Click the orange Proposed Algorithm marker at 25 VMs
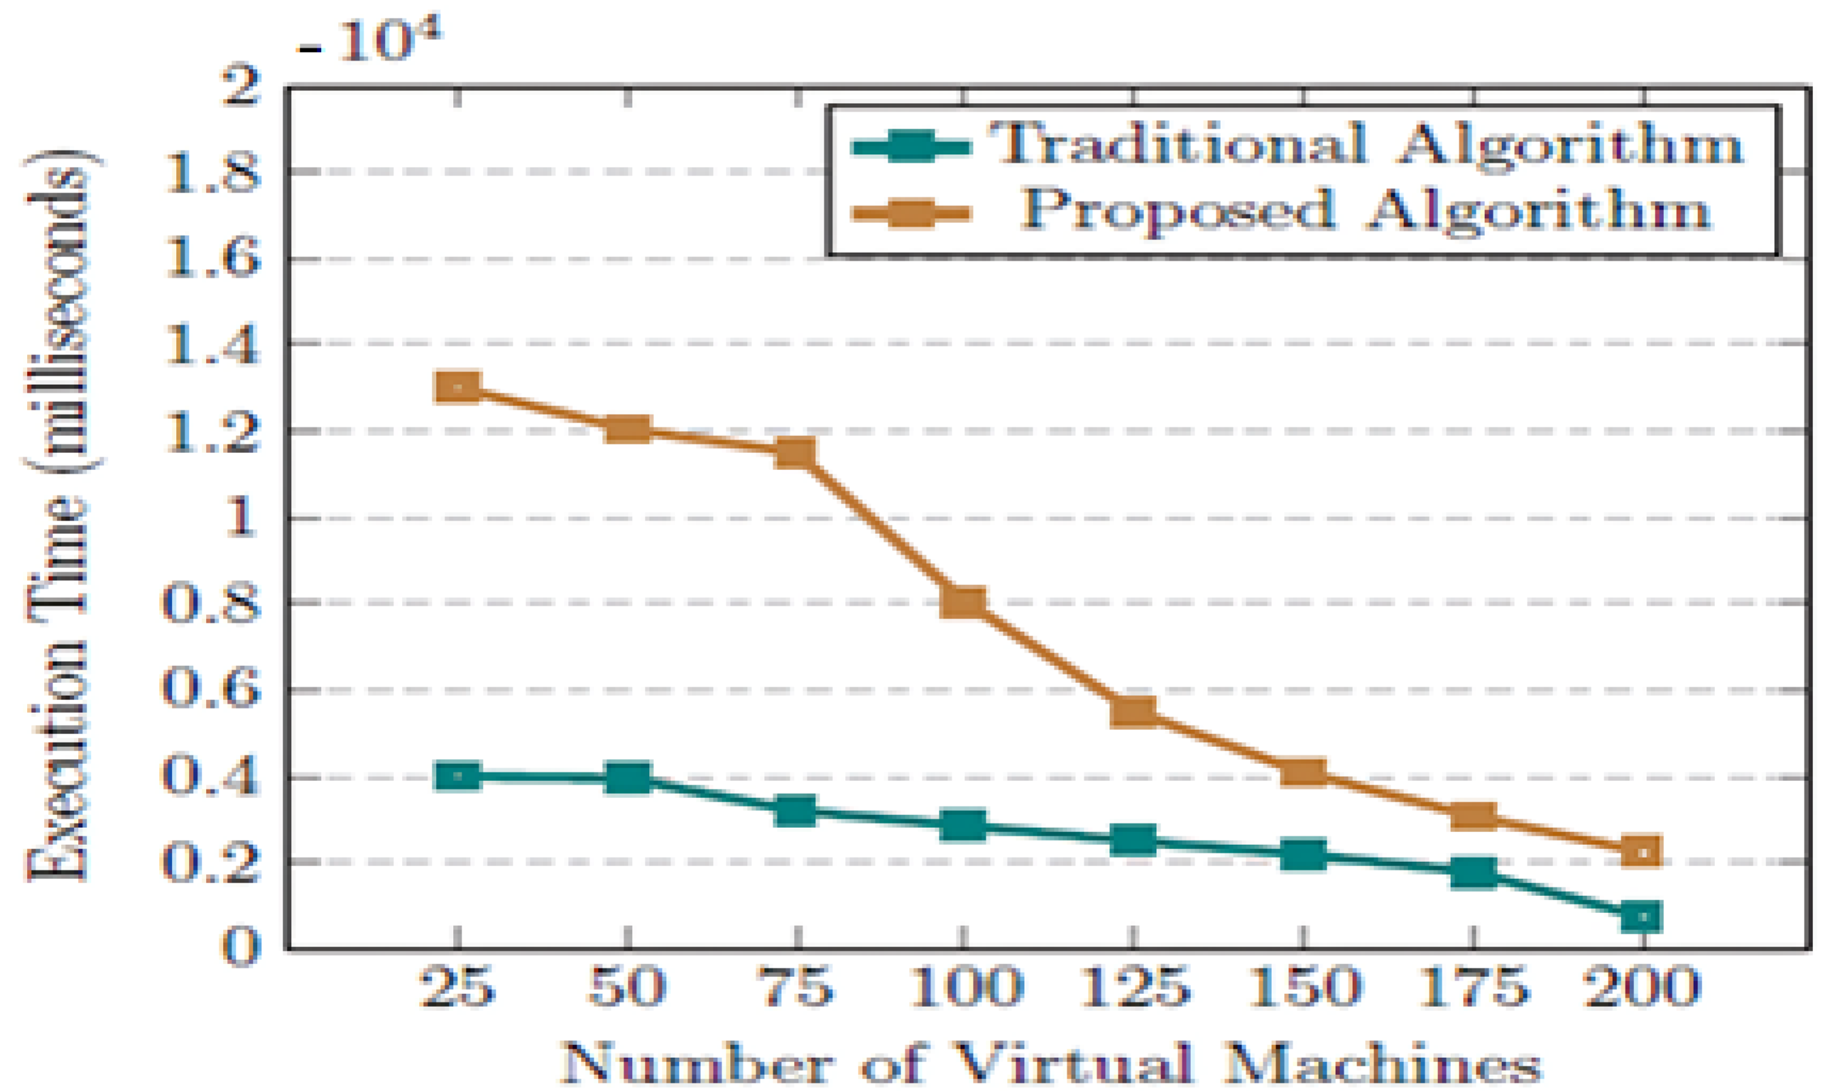coord(458,387)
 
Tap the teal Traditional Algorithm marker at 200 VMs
coord(1641,917)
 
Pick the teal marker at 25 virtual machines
coord(458,777)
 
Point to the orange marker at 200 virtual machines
coord(1641,851)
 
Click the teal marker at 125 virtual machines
coord(1133,840)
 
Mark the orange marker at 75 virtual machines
coord(796,453)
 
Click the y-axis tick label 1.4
coord(212,345)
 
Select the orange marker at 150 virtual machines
coord(1303,772)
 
